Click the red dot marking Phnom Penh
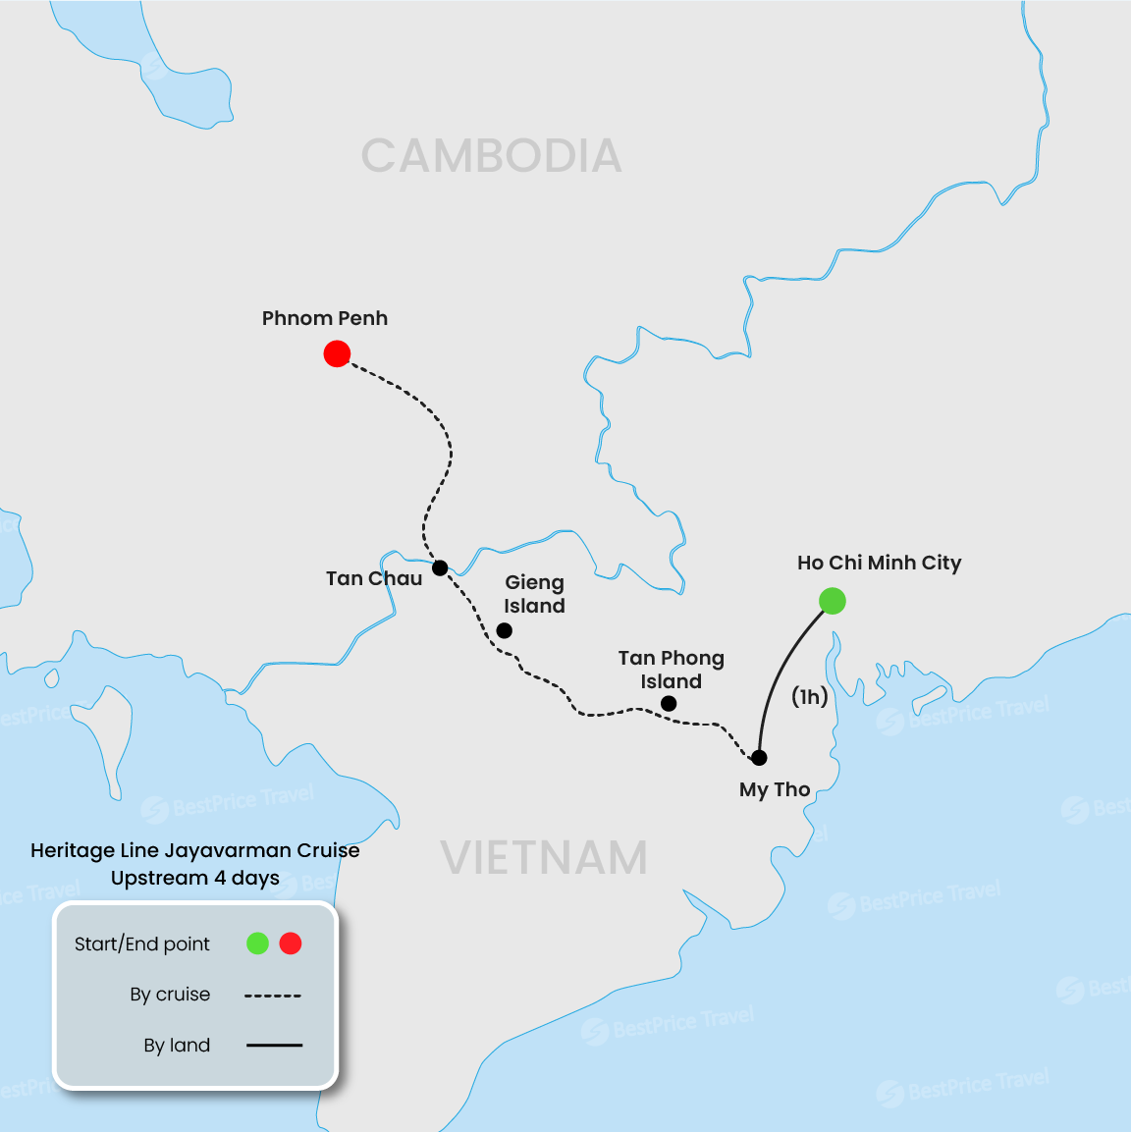337,353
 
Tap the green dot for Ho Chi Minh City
832,601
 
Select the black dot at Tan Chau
440,567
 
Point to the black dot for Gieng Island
504,630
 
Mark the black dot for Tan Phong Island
669,703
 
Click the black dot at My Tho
759,758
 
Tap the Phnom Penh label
324,318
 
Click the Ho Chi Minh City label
879,563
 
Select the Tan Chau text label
373,578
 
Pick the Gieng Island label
534,594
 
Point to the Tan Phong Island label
672,670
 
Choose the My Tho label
775,789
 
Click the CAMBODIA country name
491,156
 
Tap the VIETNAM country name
543,858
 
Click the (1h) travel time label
810,696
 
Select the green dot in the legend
257,943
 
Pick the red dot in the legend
291,943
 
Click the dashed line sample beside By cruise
273,996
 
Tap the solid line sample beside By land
274,1046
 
